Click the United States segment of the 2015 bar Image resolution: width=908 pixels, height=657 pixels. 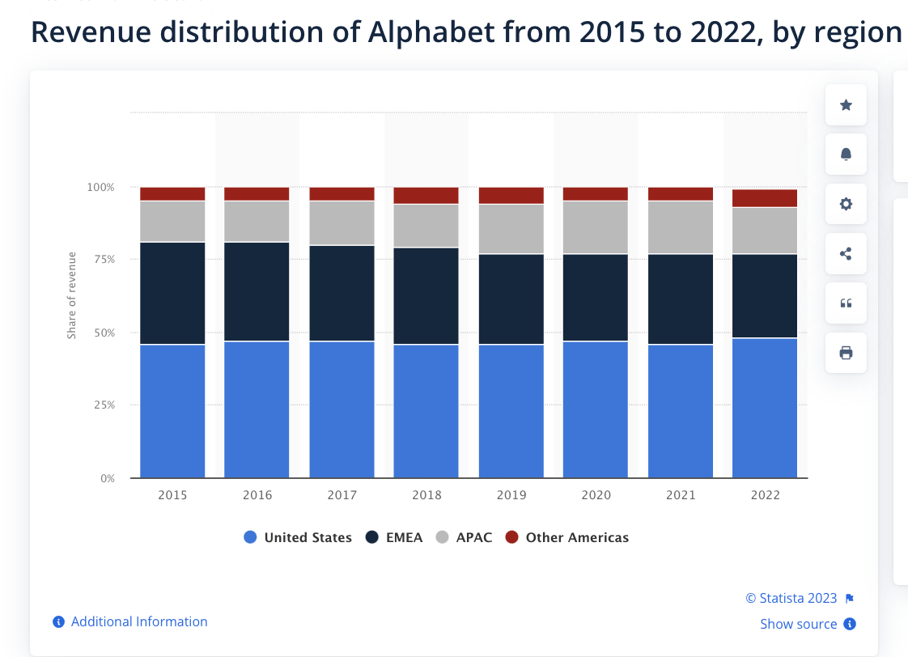pyautogui.click(x=172, y=411)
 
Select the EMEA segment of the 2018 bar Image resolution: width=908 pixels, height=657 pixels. pyautogui.click(x=426, y=296)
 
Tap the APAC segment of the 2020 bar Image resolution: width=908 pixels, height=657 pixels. pyautogui.click(x=596, y=227)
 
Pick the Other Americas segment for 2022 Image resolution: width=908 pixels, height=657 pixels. pyautogui.click(x=765, y=198)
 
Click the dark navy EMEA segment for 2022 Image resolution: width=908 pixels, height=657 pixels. pyautogui.click(x=765, y=296)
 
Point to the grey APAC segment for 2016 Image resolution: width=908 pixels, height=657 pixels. pyautogui.click(x=257, y=221)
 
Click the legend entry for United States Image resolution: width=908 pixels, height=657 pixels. pyautogui.click(x=298, y=537)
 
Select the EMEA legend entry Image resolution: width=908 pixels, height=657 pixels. pyautogui.click(x=394, y=537)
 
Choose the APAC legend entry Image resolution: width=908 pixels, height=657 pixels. pyautogui.click(x=464, y=537)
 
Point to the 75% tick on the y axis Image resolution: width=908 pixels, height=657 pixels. pyautogui.click(x=101, y=260)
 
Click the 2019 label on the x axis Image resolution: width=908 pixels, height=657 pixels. pyautogui.click(x=511, y=495)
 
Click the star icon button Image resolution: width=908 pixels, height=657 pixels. pyautogui.click(x=846, y=105)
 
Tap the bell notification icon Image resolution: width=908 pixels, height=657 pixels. pyautogui.click(x=846, y=155)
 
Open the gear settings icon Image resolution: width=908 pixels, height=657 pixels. pyautogui.click(x=846, y=204)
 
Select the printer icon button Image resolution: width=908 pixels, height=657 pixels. pyautogui.click(x=846, y=353)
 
